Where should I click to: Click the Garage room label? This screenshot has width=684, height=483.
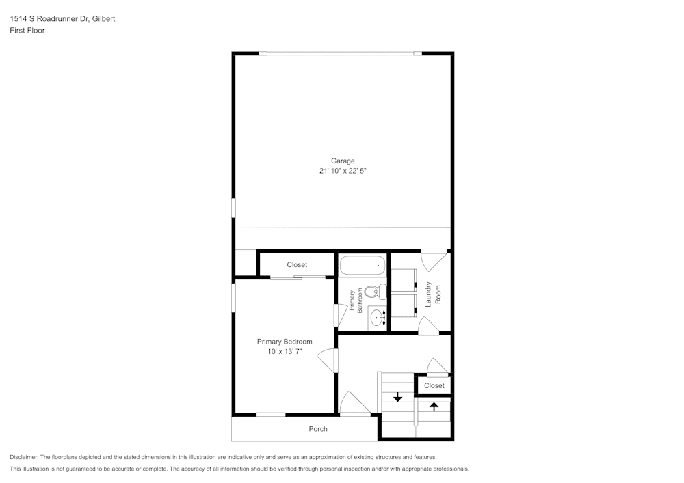pos(343,161)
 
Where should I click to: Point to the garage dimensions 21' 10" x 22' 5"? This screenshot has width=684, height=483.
pos(343,172)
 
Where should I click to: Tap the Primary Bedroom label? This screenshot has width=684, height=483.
pos(285,342)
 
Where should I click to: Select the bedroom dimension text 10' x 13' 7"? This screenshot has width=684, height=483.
pos(285,352)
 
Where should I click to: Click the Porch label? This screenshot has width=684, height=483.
pos(318,429)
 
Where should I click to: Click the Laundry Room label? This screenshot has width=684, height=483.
pos(433,293)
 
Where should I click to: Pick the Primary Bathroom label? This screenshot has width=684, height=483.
pos(356,301)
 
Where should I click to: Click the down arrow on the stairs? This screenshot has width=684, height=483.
pos(397,397)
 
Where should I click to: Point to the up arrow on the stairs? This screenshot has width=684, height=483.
pos(434,406)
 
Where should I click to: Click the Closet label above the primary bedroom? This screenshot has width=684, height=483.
pos(297,265)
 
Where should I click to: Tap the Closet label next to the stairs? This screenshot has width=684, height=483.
pos(434,386)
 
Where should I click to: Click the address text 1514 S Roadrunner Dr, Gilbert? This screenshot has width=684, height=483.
pos(62,19)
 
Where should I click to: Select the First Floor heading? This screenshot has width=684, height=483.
pos(27,31)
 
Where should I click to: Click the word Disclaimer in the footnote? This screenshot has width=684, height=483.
pos(24,457)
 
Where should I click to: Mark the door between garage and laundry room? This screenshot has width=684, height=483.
pos(434,259)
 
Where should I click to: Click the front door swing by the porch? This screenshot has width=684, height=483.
pos(354,404)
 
